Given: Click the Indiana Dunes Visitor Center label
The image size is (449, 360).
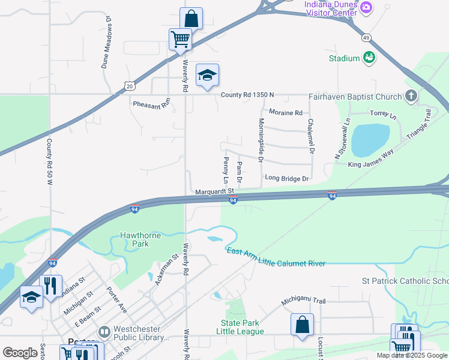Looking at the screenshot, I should (x=331, y=8).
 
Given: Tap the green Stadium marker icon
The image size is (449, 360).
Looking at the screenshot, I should (x=369, y=58).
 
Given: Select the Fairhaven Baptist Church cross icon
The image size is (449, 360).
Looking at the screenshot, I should (x=411, y=96).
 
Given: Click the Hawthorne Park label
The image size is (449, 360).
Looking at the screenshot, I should (x=142, y=239).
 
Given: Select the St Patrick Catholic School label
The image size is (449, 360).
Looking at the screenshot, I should (x=405, y=281).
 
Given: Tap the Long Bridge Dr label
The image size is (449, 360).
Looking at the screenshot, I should (x=286, y=178).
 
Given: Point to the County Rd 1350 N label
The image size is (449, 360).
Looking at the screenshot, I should (x=247, y=95).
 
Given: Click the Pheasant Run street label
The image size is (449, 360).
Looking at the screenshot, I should (x=151, y=104).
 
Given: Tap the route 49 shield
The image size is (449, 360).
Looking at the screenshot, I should (x=366, y=38).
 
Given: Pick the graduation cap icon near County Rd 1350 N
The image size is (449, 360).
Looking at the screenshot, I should (x=207, y=75).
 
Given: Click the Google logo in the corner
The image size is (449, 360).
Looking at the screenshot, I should (x=19, y=352).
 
